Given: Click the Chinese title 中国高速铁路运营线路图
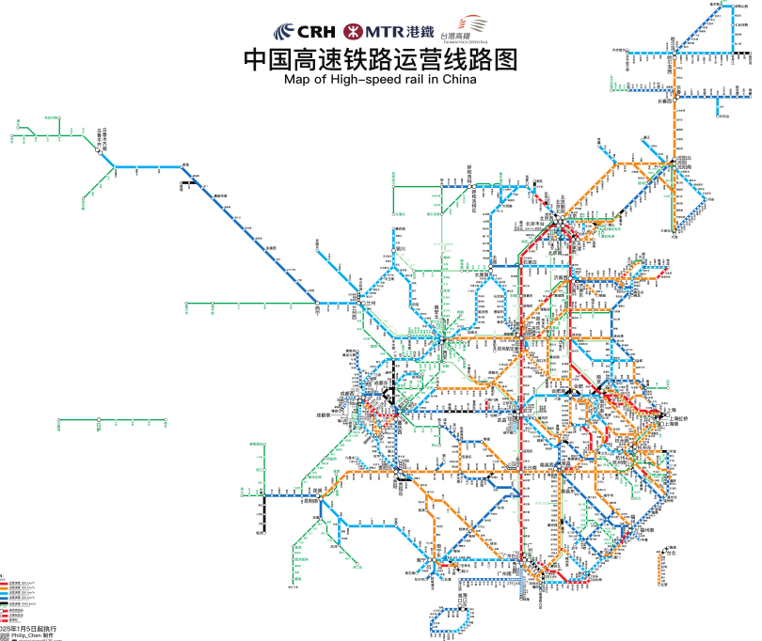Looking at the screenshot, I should click(x=381, y=59).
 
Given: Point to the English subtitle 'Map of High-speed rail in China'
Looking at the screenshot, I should click(x=380, y=80).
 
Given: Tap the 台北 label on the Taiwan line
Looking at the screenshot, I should click(x=670, y=553).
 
